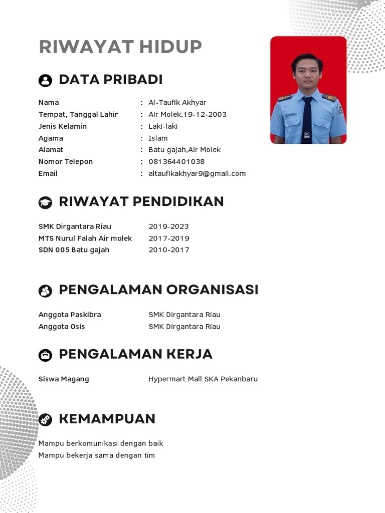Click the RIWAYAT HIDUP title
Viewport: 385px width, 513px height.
click(x=120, y=47)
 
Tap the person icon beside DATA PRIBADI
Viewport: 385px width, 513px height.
click(x=45, y=80)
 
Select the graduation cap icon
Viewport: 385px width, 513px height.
click(x=45, y=202)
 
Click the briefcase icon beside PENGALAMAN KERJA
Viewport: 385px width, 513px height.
click(x=45, y=355)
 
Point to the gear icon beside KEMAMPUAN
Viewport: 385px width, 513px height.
click(x=45, y=419)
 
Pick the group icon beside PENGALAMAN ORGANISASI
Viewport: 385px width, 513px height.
click(x=45, y=291)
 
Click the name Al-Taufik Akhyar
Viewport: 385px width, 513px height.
click(x=177, y=103)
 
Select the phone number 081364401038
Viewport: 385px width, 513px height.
click(x=176, y=162)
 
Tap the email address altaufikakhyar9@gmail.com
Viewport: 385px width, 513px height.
click(x=197, y=174)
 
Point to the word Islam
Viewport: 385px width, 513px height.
click(x=158, y=138)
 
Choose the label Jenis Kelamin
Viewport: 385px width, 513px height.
click(x=63, y=126)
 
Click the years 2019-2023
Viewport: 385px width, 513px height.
click(x=168, y=226)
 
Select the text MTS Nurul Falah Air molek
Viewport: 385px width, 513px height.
click(x=85, y=238)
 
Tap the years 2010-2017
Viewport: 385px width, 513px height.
click(x=168, y=250)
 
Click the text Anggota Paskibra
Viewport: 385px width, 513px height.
click(x=70, y=315)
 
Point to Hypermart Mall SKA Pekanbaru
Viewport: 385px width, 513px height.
click(x=203, y=379)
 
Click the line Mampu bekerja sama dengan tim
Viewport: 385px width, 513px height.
click(x=97, y=455)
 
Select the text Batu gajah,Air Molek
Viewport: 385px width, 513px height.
click(x=184, y=150)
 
